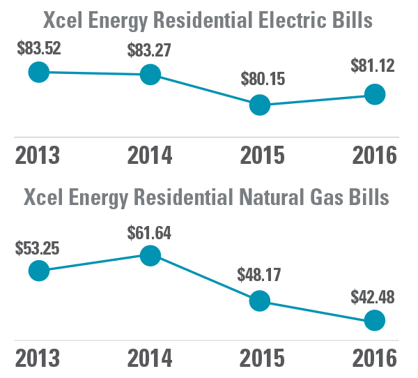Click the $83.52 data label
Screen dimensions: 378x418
pyautogui.click(x=38, y=50)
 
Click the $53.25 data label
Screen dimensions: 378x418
pyautogui.click(x=38, y=248)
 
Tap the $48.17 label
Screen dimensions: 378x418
pyautogui.click(x=260, y=274)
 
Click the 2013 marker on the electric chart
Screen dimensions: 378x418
pyautogui.click(x=38, y=71)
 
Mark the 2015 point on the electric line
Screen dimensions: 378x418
pyautogui.click(x=260, y=105)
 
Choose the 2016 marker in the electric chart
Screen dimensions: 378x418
pyautogui.click(x=375, y=94)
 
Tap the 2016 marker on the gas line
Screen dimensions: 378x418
pyautogui.click(x=375, y=321)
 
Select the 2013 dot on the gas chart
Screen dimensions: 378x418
pyautogui.click(x=38, y=271)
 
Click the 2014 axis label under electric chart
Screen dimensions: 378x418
pyautogui.click(x=149, y=154)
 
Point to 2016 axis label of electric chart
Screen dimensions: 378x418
pyautogui.click(x=373, y=154)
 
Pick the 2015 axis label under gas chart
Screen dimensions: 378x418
pyautogui.click(x=262, y=358)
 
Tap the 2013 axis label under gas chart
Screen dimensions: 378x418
pyautogui.click(x=38, y=358)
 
